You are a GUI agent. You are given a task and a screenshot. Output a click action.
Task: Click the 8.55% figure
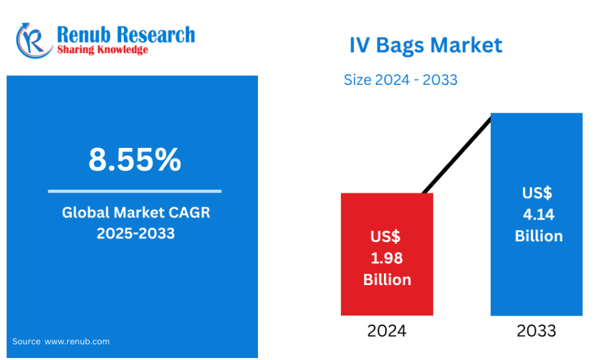pyautogui.click(x=135, y=159)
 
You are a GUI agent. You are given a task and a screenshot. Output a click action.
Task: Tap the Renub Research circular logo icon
pyautogui.click(x=34, y=40)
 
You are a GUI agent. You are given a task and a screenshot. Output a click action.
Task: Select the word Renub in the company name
pyautogui.click(x=84, y=34)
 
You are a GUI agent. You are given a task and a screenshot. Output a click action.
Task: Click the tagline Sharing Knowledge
pyautogui.click(x=103, y=50)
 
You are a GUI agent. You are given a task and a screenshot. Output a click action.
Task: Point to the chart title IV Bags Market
pyautogui.click(x=426, y=46)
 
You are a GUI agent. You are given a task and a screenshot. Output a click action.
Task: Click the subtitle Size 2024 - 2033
pyautogui.click(x=400, y=80)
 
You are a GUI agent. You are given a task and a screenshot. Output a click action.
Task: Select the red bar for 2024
pyautogui.click(x=387, y=254)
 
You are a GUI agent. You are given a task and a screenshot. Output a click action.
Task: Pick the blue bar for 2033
pyautogui.click(x=536, y=214)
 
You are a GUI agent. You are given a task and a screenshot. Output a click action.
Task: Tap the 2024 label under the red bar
pyautogui.click(x=387, y=331)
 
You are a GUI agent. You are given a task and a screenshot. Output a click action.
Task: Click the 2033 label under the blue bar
pyautogui.click(x=536, y=331)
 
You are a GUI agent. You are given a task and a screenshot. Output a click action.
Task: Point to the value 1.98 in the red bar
pyautogui.click(x=387, y=258)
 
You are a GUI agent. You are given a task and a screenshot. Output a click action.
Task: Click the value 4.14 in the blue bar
pyautogui.click(x=538, y=215)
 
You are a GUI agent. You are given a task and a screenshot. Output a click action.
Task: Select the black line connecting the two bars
pyautogui.click(x=457, y=154)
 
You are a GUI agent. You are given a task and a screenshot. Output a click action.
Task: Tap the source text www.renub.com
pyautogui.click(x=77, y=341)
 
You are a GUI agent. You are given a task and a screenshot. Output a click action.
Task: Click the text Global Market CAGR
pyautogui.click(x=136, y=212)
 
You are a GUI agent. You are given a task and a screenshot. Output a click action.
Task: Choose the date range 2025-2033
pyautogui.click(x=136, y=233)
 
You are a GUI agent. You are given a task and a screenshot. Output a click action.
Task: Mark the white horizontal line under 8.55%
pyautogui.click(x=135, y=191)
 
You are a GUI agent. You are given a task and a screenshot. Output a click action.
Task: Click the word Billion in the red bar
pyautogui.click(x=387, y=280)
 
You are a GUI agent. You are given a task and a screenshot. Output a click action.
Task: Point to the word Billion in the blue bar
pyautogui.click(x=539, y=236)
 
